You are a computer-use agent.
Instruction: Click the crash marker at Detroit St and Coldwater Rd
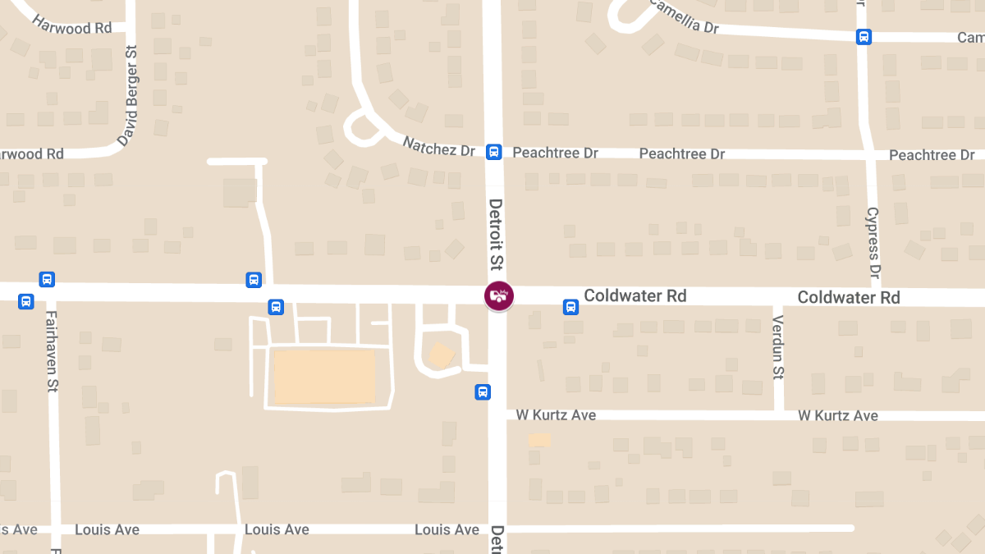(x=498, y=295)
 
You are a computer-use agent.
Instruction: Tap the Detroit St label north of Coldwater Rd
(x=495, y=234)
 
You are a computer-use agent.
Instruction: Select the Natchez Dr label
(x=439, y=147)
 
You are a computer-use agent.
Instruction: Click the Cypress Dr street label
(x=873, y=242)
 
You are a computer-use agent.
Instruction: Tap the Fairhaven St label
(x=52, y=351)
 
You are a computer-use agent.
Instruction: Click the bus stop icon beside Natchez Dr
(x=493, y=152)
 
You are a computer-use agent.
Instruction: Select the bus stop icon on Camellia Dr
(x=864, y=37)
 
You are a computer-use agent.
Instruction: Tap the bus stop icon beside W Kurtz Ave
(x=483, y=392)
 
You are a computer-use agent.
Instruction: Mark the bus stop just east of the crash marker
(x=570, y=307)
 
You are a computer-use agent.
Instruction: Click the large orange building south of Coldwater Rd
(x=324, y=377)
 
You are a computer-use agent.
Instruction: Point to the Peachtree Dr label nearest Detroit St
(x=555, y=153)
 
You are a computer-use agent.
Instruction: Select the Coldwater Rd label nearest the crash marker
(x=635, y=295)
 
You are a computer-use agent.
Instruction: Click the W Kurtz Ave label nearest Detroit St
(x=556, y=415)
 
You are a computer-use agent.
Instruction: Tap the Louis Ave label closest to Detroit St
(x=447, y=529)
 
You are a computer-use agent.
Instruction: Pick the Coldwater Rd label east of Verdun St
(x=849, y=297)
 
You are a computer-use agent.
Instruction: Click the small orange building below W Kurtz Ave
(x=539, y=440)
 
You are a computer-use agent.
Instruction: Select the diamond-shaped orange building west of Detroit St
(x=441, y=355)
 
